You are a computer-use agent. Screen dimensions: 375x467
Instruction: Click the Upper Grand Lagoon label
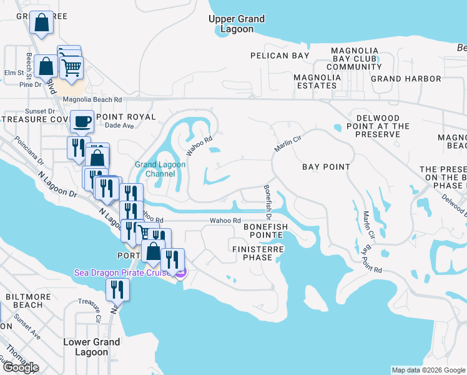pyautogui.click(x=237, y=24)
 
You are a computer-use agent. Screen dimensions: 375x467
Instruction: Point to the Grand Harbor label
pyautogui.click(x=406, y=79)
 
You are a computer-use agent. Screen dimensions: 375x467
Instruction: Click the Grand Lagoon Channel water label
pyautogui.click(x=155, y=169)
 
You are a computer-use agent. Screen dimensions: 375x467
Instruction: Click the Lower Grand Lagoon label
pyautogui.click(x=92, y=347)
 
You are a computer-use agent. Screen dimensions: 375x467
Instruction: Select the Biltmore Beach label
pyautogui.click(x=24, y=300)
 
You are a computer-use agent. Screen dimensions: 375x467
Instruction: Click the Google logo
pyautogui.click(x=21, y=367)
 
